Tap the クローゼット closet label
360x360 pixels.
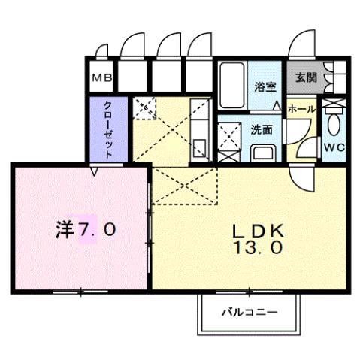[108, 128]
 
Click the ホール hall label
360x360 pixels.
[302, 109]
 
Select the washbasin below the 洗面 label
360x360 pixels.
[264, 153]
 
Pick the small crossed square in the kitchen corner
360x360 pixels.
[143, 109]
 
